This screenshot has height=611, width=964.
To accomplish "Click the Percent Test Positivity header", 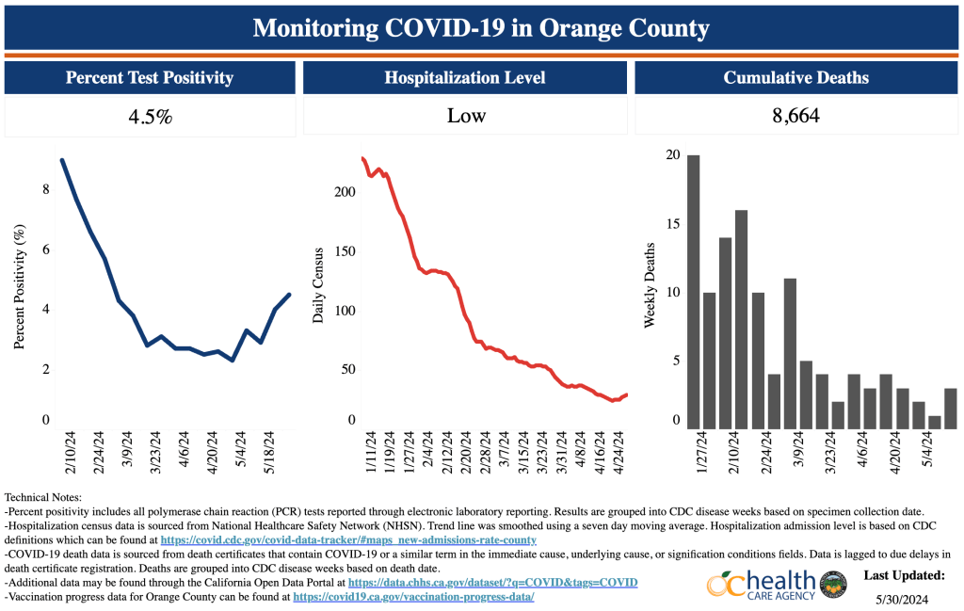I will [x=150, y=78].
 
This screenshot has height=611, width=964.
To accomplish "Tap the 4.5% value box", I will [x=150, y=117].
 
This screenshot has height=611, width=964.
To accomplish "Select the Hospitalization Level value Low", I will [x=466, y=117].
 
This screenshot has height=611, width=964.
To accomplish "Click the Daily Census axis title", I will [x=318, y=286].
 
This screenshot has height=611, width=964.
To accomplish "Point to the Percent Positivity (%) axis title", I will [x=20, y=286].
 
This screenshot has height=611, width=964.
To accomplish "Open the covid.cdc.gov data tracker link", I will [x=348, y=540].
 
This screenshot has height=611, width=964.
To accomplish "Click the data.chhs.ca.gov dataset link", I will [x=492, y=583].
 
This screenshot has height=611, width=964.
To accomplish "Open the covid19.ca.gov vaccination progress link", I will [x=413, y=597].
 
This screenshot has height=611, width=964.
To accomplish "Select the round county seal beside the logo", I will [x=832, y=584].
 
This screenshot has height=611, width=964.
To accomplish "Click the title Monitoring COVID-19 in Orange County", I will [x=481, y=27].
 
